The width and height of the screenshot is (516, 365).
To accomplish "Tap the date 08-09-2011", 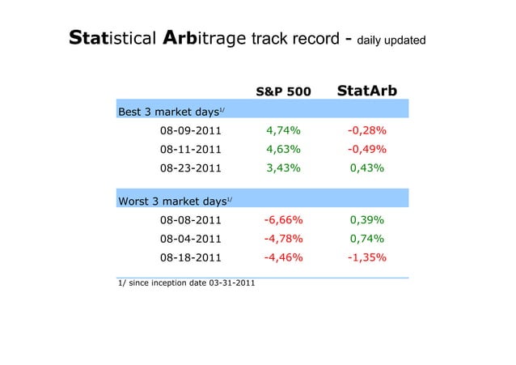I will (190, 130).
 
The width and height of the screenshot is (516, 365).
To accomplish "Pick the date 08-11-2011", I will (190, 149).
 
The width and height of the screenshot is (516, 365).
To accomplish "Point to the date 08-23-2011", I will (190, 168).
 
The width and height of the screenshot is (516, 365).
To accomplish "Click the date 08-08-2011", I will (190, 220).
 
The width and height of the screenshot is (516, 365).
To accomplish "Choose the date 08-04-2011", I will (190, 239).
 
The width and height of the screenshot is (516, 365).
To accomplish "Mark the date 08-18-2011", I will (190, 258).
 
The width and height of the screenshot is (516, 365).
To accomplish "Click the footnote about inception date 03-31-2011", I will (182, 283).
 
